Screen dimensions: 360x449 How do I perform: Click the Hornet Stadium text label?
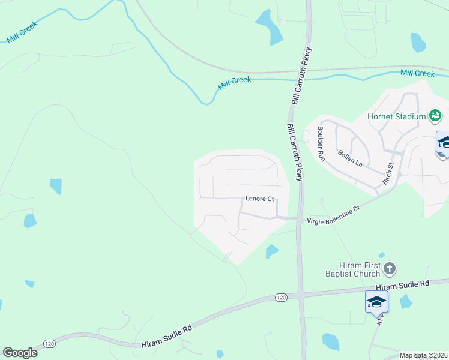397,116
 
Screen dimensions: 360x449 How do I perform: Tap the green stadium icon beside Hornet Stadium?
436,115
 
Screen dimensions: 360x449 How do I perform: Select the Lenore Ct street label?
259,199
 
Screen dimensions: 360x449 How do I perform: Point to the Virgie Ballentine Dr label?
333,214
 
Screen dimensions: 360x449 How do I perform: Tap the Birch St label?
388,173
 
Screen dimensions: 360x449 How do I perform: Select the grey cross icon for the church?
389,268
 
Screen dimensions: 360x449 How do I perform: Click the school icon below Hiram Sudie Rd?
376,301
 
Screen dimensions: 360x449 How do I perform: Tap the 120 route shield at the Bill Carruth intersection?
281,297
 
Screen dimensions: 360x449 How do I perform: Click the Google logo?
20,353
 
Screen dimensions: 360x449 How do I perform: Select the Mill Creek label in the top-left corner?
22,32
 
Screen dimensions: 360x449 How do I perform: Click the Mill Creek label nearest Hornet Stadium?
417,73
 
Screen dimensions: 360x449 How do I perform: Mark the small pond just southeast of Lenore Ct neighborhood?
271,251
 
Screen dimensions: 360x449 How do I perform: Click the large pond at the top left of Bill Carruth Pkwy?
268,25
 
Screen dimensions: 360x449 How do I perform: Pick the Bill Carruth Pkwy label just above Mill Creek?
303,76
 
